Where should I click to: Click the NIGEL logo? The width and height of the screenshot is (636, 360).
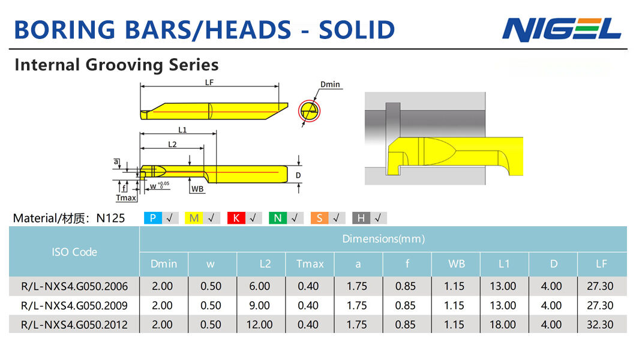coord(562,29)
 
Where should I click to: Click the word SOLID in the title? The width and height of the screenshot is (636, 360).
coord(356,29)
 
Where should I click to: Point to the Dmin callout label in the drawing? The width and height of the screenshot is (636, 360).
coord(330,85)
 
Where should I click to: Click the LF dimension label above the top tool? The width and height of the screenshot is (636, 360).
coord(209,82)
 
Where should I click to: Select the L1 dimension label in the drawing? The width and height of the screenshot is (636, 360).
coord(182,130)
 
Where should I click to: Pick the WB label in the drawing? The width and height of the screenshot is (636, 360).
coord(197,189)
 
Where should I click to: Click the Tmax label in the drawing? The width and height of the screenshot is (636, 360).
coord(126,198)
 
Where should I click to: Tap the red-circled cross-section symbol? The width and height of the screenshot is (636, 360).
coord(310,110)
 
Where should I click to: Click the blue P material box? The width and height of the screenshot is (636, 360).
coord(153,218)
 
